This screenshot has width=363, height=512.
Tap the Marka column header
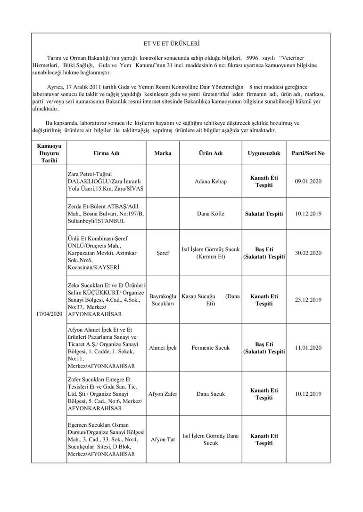pos(163,153)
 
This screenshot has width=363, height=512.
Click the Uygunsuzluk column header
pos(264,153)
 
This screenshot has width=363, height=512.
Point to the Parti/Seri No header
pos(308,153)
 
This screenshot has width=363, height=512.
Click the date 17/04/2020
pos(49,313)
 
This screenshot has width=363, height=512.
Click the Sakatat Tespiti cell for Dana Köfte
pos(264,214)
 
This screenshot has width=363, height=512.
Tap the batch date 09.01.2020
pos(308,181)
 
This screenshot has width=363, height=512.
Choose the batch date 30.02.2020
pos(308,253)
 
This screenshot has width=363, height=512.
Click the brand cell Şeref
pos(163,253)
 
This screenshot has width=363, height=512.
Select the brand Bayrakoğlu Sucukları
pos(163,300)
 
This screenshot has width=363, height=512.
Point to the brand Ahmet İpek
pos(163,348)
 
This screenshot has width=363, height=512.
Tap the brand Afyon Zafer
pos(163,394)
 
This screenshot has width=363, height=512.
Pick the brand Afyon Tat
pos(163,440)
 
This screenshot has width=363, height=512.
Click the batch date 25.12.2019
pos(308,300)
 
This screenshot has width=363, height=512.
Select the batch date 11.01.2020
pos(308,348)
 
